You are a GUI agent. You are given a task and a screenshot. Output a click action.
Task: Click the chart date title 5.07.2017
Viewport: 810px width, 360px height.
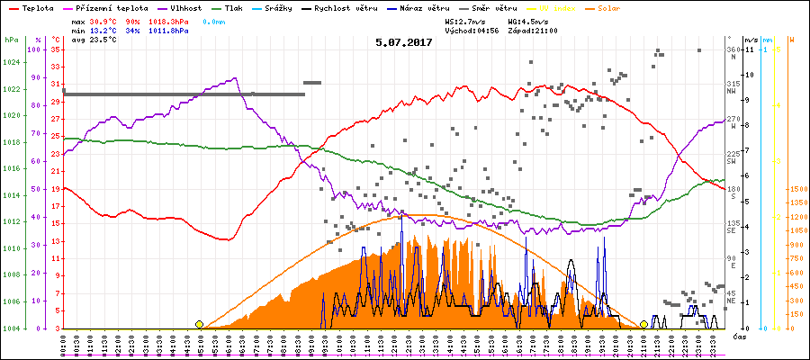point(404,41)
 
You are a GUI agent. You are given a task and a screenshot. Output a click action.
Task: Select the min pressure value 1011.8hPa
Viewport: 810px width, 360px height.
point(171,30)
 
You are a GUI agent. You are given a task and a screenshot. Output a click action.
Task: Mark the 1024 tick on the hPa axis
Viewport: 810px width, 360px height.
point(11,63)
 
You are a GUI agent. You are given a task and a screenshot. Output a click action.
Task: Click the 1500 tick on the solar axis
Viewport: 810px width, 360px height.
point(796,189)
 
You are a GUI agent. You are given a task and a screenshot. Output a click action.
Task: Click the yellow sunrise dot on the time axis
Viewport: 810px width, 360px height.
point(199,324)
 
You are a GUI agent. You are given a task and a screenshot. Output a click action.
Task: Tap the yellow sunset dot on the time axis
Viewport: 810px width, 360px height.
point(644,324)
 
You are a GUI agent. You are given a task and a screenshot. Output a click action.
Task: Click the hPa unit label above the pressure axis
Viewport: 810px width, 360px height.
point(11,40)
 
